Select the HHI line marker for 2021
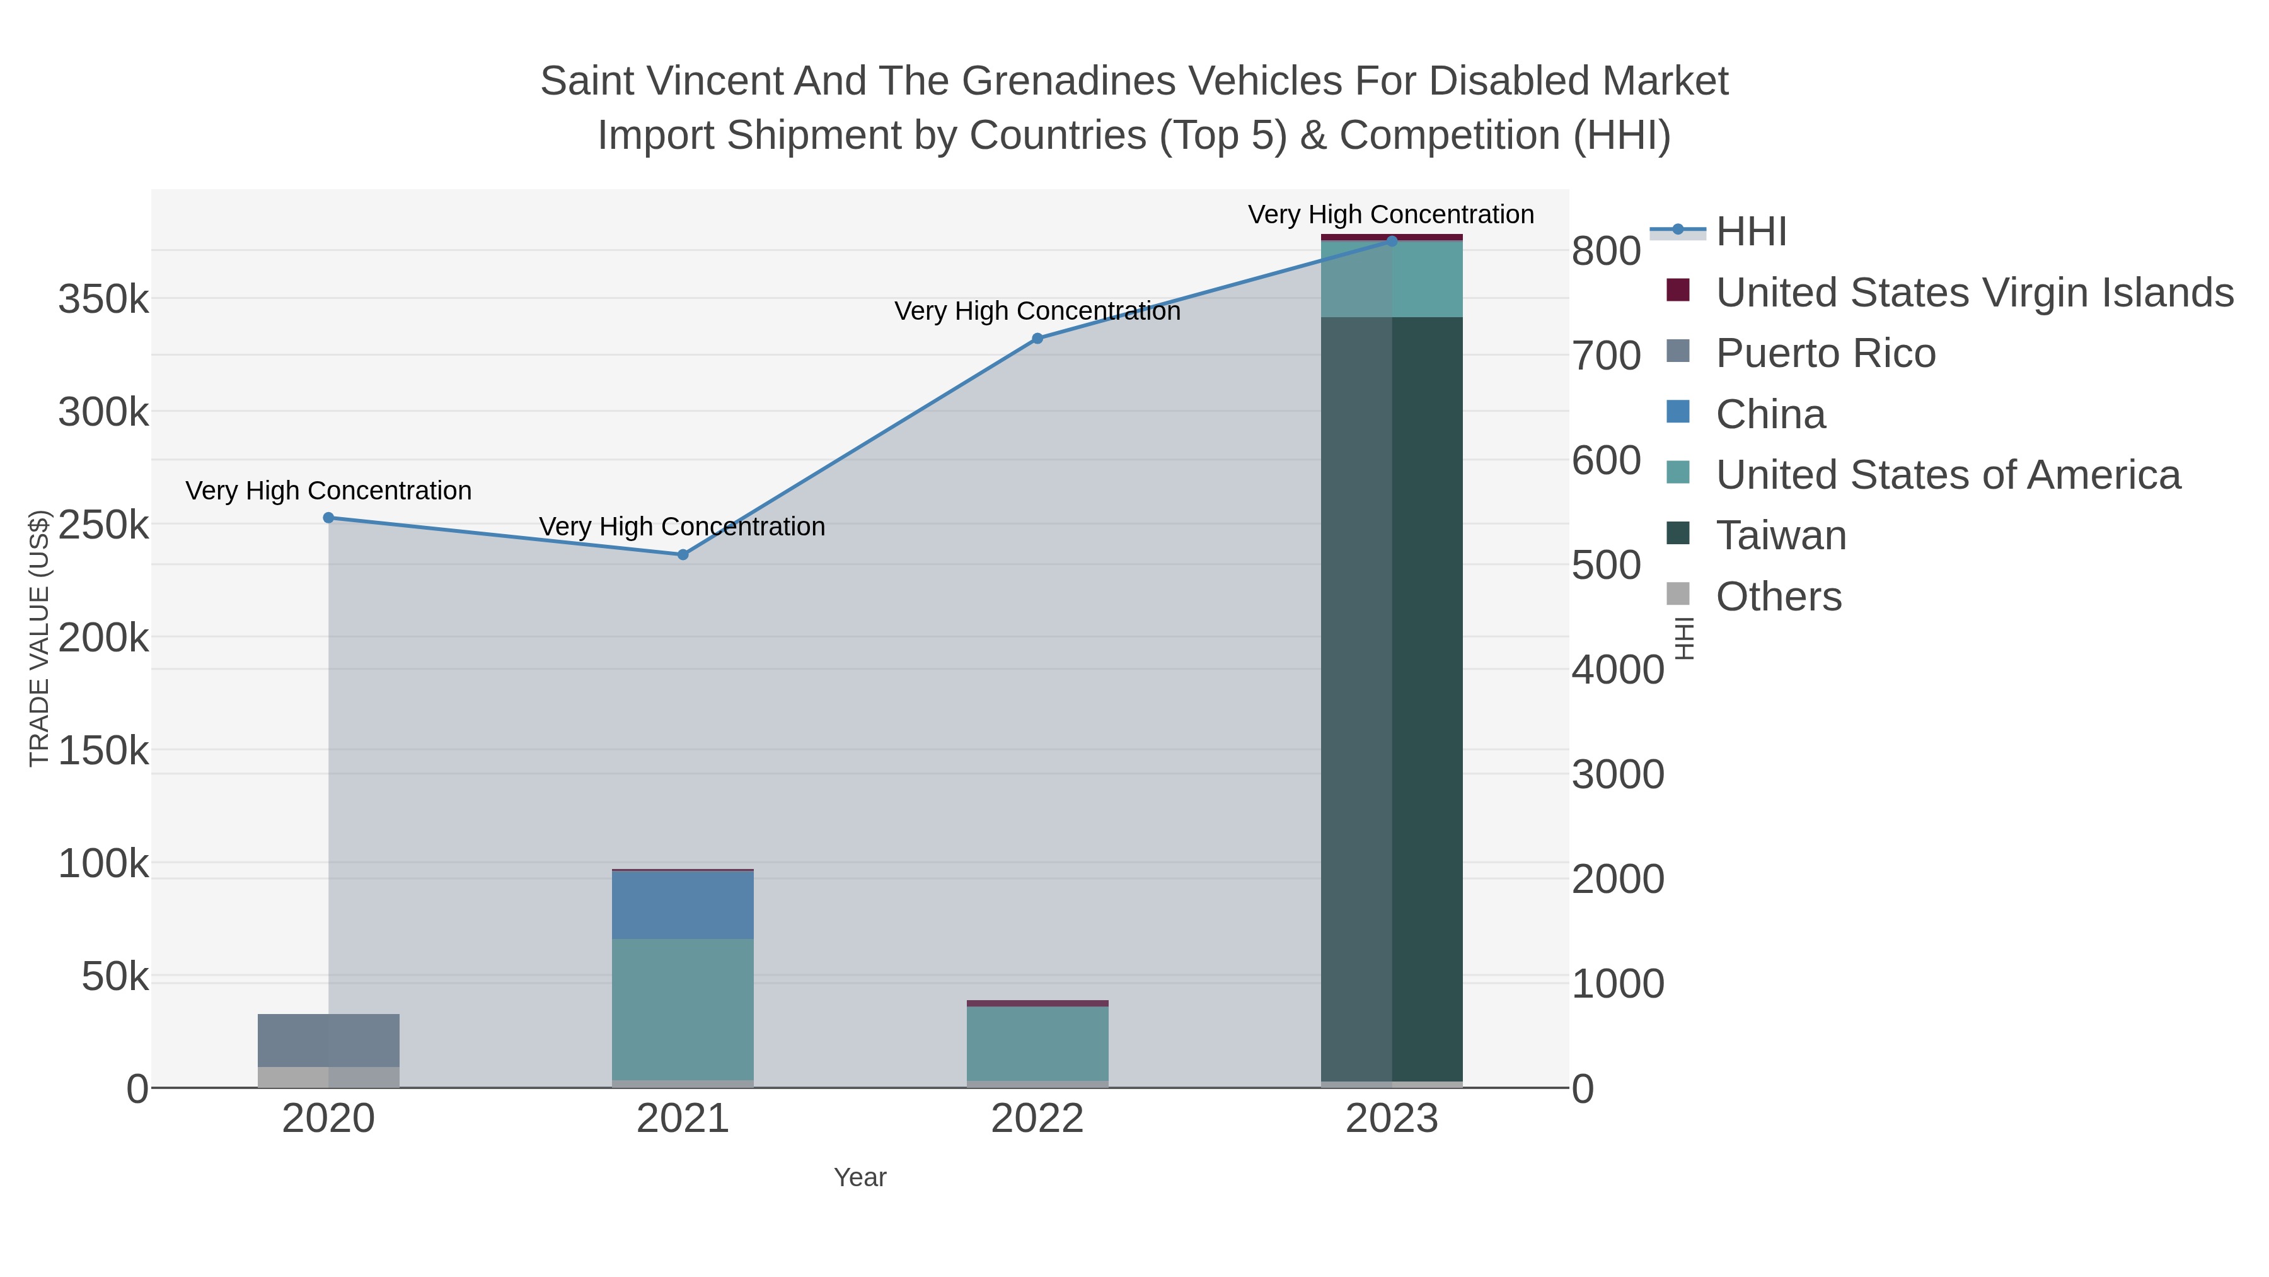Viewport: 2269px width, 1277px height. (683, 554)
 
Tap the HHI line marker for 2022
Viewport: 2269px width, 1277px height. (1037, 339)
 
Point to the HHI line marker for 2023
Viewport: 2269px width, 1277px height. (1392, 241)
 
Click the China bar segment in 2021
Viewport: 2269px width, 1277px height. (683, 905)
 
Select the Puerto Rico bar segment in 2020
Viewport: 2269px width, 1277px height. (328, 1040)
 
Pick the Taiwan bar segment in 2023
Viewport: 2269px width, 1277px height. (1392, 696)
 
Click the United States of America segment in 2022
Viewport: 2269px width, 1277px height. (1037, 1044)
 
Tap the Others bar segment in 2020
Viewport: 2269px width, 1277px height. (328, 1077)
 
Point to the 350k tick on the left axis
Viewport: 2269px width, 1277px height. (103, 300)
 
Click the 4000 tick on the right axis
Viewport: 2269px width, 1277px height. (1617, 670)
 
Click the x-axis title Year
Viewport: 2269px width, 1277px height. (860, 1177)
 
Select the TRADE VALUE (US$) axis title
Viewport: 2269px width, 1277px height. (40, 638)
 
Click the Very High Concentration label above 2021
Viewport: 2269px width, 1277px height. (683, 527)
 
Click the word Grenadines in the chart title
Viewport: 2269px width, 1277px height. (1068, 81)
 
